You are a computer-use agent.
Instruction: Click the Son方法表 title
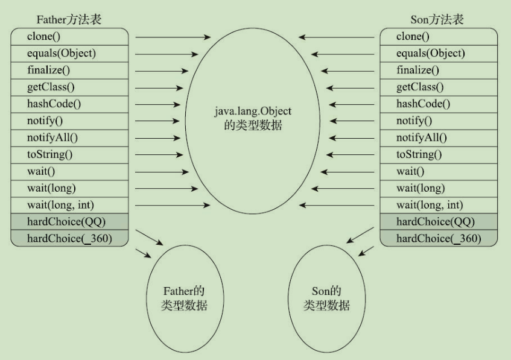point(439,19)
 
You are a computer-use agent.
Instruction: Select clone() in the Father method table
point(43,36)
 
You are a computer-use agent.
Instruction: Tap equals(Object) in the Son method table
point(430,53)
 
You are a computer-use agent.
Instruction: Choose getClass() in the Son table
point(419,87)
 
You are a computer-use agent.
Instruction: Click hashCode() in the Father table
point(54,104)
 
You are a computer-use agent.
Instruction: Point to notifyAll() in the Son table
point(421,137)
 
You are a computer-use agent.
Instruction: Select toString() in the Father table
point(49,154)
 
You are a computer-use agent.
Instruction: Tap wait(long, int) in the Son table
point(429,204)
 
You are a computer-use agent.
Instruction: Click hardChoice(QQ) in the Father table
point(66,221)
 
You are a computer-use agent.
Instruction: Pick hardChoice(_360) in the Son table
point(438,238)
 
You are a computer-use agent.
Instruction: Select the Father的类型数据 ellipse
point(185,298)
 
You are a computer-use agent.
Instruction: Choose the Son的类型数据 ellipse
point(326,298)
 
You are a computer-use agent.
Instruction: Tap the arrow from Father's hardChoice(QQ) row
point(150,237)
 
